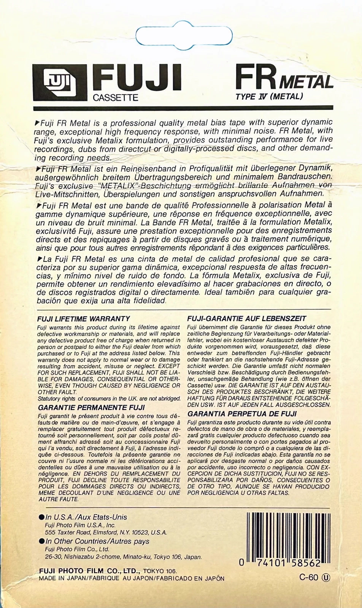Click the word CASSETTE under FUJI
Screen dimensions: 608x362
point(116,98)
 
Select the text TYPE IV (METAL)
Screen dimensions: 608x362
point(269,96)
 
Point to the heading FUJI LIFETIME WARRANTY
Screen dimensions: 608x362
point(84,319)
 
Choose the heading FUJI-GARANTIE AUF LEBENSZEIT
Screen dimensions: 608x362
point(247,319)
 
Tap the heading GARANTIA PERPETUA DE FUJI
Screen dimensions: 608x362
point(242,414)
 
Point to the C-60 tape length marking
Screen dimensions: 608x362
point(308,577)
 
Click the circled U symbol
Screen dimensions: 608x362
point(326,577)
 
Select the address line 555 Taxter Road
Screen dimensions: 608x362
point(106,532)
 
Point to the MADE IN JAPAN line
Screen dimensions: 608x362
point(132,578)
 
